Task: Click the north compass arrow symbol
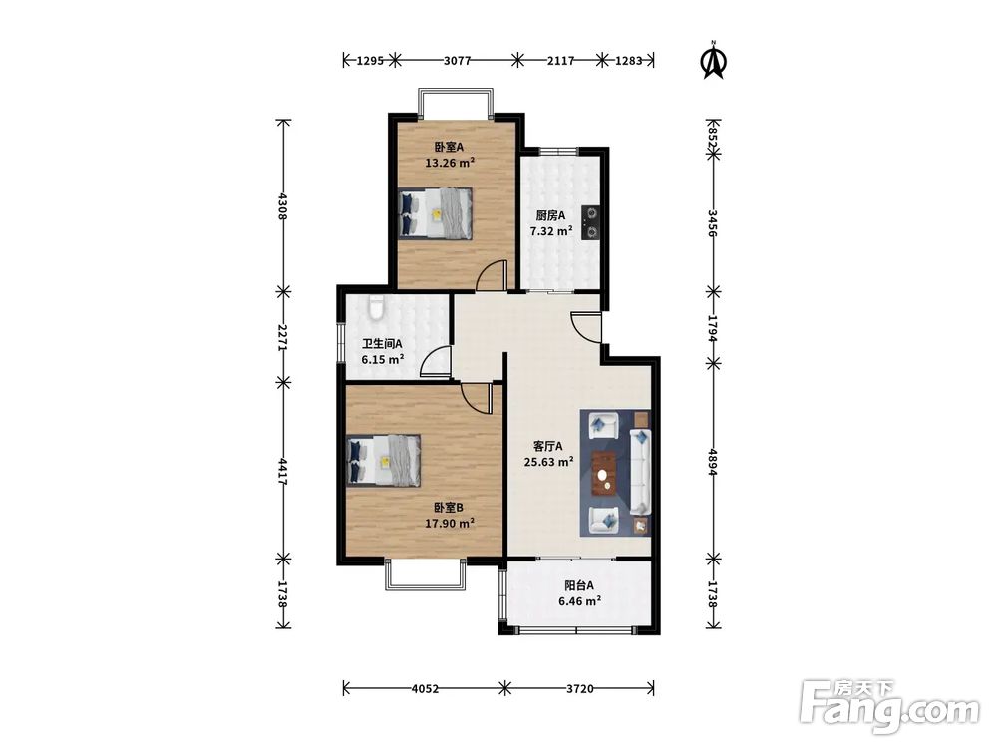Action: tap(714, 60)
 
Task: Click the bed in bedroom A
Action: tap(436, 213)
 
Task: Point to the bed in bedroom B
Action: tap(384, 461)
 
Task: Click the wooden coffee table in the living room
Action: tap(604, 473)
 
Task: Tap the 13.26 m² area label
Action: tap(450, 163)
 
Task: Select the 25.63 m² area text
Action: tap(548, 462)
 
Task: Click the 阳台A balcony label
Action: tap(579, 585)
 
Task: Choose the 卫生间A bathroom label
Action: tap(382, 344)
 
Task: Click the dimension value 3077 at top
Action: tap(457, 61)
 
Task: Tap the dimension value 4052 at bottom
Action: tap(425, 688)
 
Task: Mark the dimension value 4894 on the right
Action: tap(713, 460)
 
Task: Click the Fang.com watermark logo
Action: tap(889, 706)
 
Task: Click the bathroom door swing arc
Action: tap(435, 359)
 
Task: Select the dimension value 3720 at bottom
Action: tap(579, 688)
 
